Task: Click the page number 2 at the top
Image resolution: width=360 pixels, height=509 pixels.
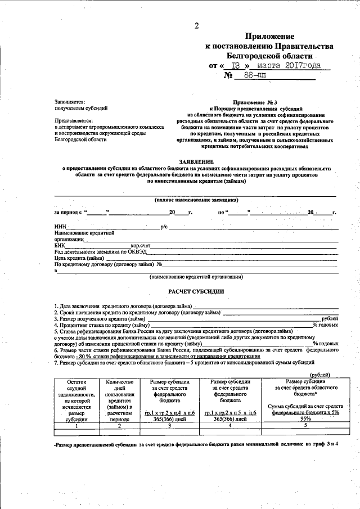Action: (196, 25)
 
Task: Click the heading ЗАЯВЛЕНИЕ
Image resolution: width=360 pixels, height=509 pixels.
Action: (196, 161)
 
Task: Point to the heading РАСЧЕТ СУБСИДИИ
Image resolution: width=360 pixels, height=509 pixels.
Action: (196, 291)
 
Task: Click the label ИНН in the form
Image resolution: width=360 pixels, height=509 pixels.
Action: (60, 227)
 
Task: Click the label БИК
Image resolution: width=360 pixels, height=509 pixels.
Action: (60, 246)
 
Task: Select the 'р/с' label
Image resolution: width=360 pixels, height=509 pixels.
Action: (164, 227)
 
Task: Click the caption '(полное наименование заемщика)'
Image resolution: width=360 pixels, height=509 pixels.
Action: (196, 200)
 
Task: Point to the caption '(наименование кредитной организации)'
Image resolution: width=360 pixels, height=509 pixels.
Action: (196, 277)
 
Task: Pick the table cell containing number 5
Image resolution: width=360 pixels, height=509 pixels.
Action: (305, 426)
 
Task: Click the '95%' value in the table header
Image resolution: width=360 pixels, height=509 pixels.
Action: (305, 418)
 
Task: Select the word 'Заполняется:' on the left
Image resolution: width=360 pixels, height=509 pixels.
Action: (70, 101)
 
